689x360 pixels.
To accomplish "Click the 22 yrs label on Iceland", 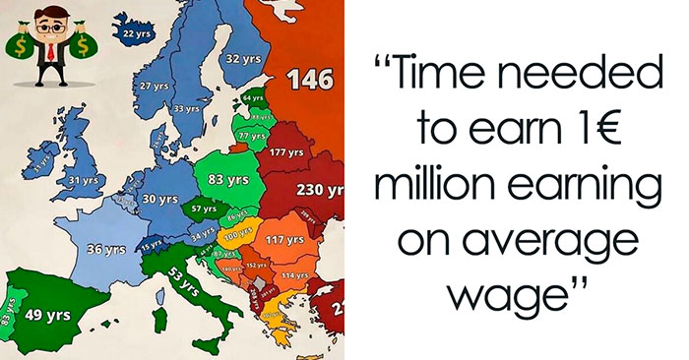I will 135,34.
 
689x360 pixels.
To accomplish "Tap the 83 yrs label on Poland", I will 228,180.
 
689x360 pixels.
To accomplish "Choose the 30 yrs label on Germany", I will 153,199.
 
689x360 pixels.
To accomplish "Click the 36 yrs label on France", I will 106,250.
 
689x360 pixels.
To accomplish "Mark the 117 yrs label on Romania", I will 283,240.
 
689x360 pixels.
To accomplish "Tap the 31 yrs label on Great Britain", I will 84,180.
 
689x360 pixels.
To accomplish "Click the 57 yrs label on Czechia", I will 203,210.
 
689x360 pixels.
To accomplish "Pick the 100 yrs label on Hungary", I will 238,236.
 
